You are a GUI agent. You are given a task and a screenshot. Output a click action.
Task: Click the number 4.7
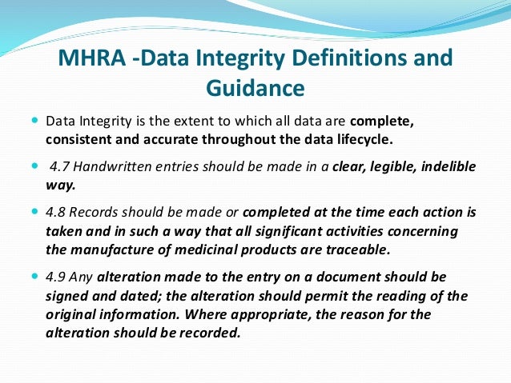[x=61, y=166]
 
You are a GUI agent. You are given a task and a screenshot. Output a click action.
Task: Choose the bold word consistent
[x=79, y=139]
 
